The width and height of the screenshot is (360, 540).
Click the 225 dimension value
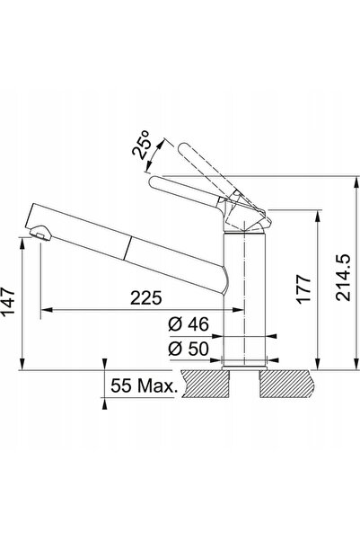146,298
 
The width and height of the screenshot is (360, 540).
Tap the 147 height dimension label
8,301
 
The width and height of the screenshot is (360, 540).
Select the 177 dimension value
304,288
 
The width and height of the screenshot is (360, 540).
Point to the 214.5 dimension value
343,278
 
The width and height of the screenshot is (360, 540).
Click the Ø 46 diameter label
189,324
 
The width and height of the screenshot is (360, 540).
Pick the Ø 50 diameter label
189,349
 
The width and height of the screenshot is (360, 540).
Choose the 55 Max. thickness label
144,385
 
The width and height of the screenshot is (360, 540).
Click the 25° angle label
141,145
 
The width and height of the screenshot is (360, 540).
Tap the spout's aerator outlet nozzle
40,233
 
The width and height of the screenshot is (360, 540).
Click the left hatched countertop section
206,384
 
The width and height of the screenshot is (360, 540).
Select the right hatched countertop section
287,384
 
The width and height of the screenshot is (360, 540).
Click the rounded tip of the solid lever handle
154,181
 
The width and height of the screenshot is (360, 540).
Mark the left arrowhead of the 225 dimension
46,310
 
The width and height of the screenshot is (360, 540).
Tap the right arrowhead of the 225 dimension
239,310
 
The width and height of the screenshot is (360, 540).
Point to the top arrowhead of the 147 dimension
22,243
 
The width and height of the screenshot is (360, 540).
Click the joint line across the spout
127,248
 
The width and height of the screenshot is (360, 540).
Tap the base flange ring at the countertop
244,367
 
